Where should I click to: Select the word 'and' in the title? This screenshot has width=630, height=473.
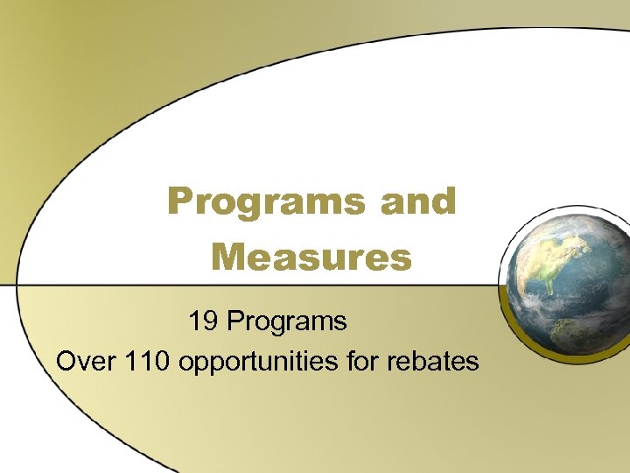click(418, 201)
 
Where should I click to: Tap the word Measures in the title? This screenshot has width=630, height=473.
click(311, 258)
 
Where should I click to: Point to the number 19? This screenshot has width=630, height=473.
click(203, 321)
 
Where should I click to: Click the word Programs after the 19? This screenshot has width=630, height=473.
click(287, 322)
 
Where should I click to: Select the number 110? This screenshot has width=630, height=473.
click(148, 360)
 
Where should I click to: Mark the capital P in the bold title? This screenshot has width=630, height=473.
click(179, 201)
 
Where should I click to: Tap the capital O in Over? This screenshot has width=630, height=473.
click(66, 360)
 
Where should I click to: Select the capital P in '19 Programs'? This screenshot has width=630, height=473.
click(235, 321)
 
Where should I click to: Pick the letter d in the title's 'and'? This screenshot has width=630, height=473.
click(445, 201)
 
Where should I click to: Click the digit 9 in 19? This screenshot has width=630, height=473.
click(210, 321)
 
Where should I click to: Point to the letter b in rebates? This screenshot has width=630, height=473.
click(425, 360)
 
